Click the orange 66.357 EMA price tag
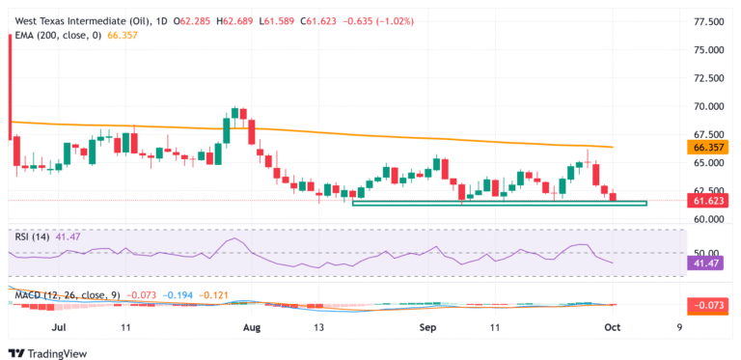click(708, 148)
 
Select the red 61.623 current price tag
click(708, 201)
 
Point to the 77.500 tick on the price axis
click(709, 21)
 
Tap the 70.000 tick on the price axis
click(709, 106)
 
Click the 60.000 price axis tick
click(709, 219)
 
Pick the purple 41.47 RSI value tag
click(709, 262)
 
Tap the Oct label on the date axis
click(613, 327)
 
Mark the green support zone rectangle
click(500, 203)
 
